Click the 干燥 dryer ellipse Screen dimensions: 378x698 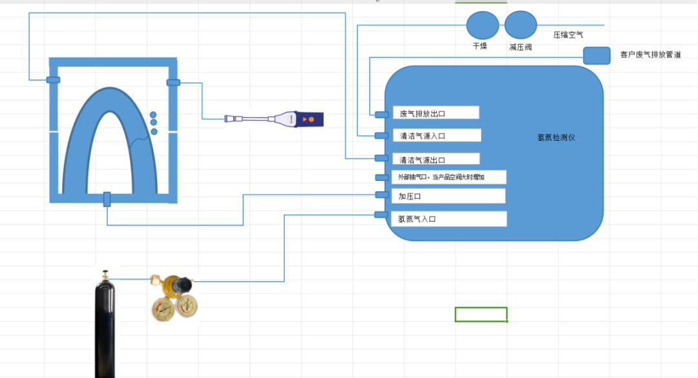(x=482, y=25)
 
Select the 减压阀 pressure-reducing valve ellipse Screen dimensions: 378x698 (x=520, y=25)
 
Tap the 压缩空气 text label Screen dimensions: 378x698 (x=568, y=34)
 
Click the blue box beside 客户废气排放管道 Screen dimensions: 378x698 (x=597, y=56)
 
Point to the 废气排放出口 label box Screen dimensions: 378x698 (x=436, y=113)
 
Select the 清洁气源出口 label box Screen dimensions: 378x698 (x=436, y=159)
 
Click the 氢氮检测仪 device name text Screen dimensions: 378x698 (x=556, y=137)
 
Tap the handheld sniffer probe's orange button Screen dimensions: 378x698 (x=311, y=120)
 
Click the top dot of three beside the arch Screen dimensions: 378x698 (x=154, y=114)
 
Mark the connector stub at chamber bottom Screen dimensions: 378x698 (x=107, y=199)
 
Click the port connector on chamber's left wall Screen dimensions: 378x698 (x=53, y=80)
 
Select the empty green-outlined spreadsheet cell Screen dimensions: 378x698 (x=481, y=315)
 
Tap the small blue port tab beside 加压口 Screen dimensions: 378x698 (x=381, y=195)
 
